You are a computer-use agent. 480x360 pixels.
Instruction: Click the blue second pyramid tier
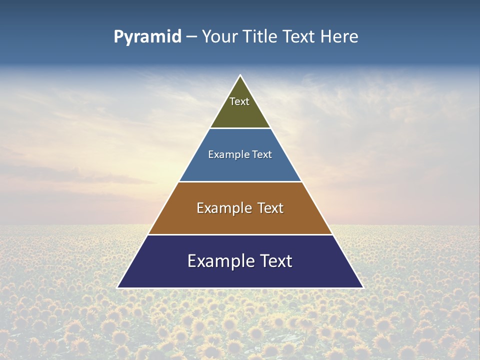click(x=240, y=167)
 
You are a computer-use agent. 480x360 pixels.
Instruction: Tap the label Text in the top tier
click(x=239, y=101)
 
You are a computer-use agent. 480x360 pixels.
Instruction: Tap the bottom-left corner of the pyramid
click(x=118, y=287)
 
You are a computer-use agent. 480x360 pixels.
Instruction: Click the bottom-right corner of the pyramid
click(x=362, y=287)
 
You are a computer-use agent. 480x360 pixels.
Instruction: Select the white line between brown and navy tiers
click(x=240, y=234)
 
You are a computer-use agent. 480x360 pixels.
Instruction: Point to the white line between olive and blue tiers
click(x=240, y=128)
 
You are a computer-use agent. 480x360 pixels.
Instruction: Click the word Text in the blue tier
click(x=262, y=154)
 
